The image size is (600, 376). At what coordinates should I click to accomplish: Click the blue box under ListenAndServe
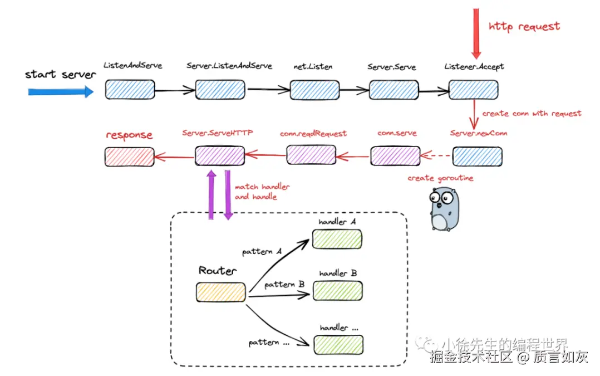(130, 90)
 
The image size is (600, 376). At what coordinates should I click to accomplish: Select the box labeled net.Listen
(314, 90)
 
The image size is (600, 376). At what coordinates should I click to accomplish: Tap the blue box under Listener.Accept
(473, 90)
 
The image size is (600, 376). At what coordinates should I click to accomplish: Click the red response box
(129, 157)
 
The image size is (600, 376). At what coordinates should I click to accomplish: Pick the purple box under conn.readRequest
(311, 154)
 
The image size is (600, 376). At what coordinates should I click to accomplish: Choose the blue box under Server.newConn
(477, 157)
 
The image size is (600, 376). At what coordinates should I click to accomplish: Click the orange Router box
(221, 292)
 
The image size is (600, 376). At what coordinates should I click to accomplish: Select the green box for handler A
(337, 238)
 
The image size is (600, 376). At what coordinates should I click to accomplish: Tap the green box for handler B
(337, 290)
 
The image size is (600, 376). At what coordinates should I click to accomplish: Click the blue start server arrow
(61, 92)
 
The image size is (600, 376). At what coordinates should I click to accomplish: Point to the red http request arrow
(476, 33)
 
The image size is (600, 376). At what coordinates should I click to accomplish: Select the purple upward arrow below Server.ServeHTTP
(212, 194)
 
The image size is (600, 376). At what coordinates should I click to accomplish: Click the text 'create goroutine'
(440, 178)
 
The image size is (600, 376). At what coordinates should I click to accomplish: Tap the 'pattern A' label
(261, 252)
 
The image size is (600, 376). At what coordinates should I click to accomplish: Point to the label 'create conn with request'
(532, 114)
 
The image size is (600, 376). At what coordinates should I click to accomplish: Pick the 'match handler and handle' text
(262, 192)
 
